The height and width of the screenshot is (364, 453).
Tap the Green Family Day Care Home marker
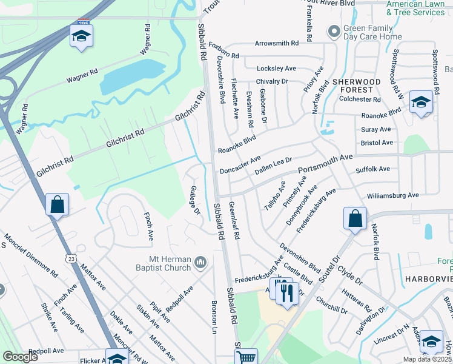pos(332,31)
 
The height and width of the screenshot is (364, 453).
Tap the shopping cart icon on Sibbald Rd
pos(246,357)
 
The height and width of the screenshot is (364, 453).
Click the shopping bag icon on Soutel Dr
pos(355,218)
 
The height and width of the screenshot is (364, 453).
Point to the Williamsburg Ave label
pos(393,196)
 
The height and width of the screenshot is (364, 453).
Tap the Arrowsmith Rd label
pos(277,44)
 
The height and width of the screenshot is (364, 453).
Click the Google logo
pos(20,357)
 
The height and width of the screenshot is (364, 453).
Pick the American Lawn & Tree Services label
pos(415,8)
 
